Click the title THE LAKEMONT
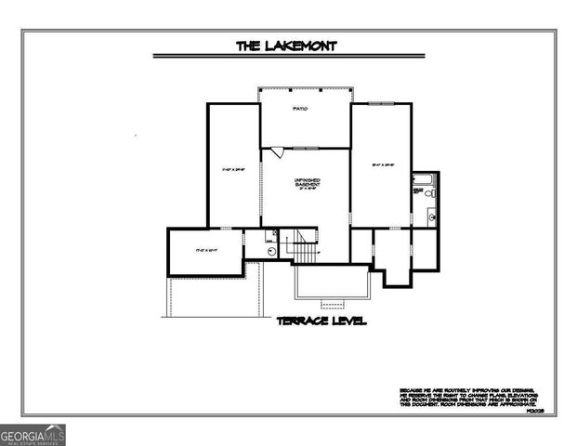click(285, 44)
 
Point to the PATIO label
click(300, 110)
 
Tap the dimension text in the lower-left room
click(204, 251)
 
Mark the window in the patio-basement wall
click(307, 148)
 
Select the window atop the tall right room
click(381, 103)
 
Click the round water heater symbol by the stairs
click(270, 250)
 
